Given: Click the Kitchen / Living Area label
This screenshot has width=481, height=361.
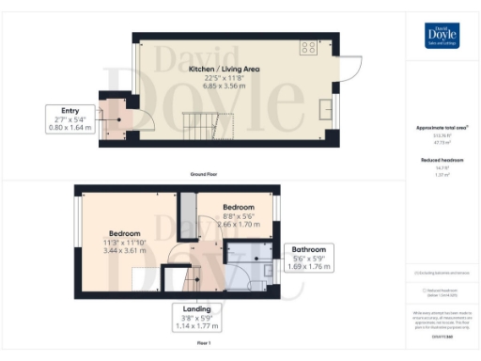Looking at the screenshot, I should click(224, 70).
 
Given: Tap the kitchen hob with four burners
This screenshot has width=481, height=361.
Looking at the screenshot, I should click(307, 47).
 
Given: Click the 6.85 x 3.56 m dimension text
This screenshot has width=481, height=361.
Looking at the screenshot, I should click(224, 85).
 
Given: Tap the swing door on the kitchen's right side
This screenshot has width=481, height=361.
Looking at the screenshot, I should click(350, 68).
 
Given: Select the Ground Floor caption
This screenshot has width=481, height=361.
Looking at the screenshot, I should click(224, 174).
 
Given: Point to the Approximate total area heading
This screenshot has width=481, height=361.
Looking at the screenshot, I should click(442, 128).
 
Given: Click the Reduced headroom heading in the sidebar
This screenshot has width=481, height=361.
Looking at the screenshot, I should click(442, 161).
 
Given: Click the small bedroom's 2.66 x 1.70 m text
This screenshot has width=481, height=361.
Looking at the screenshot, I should click(238, 225).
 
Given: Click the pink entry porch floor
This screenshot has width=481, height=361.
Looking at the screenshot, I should click(116, 121).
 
